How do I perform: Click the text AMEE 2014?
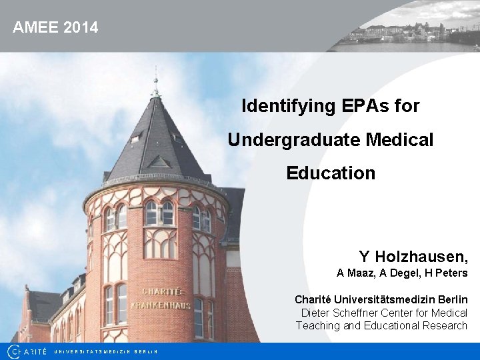(55, 27)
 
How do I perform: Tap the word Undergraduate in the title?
(294, 140)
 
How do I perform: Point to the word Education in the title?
(331, 173)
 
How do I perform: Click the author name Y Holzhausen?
(413, 257)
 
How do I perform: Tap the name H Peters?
(447, 273)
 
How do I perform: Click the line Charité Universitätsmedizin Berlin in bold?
(381, 300)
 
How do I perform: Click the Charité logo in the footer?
(27, 351)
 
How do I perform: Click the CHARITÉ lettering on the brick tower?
(161, 291)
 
